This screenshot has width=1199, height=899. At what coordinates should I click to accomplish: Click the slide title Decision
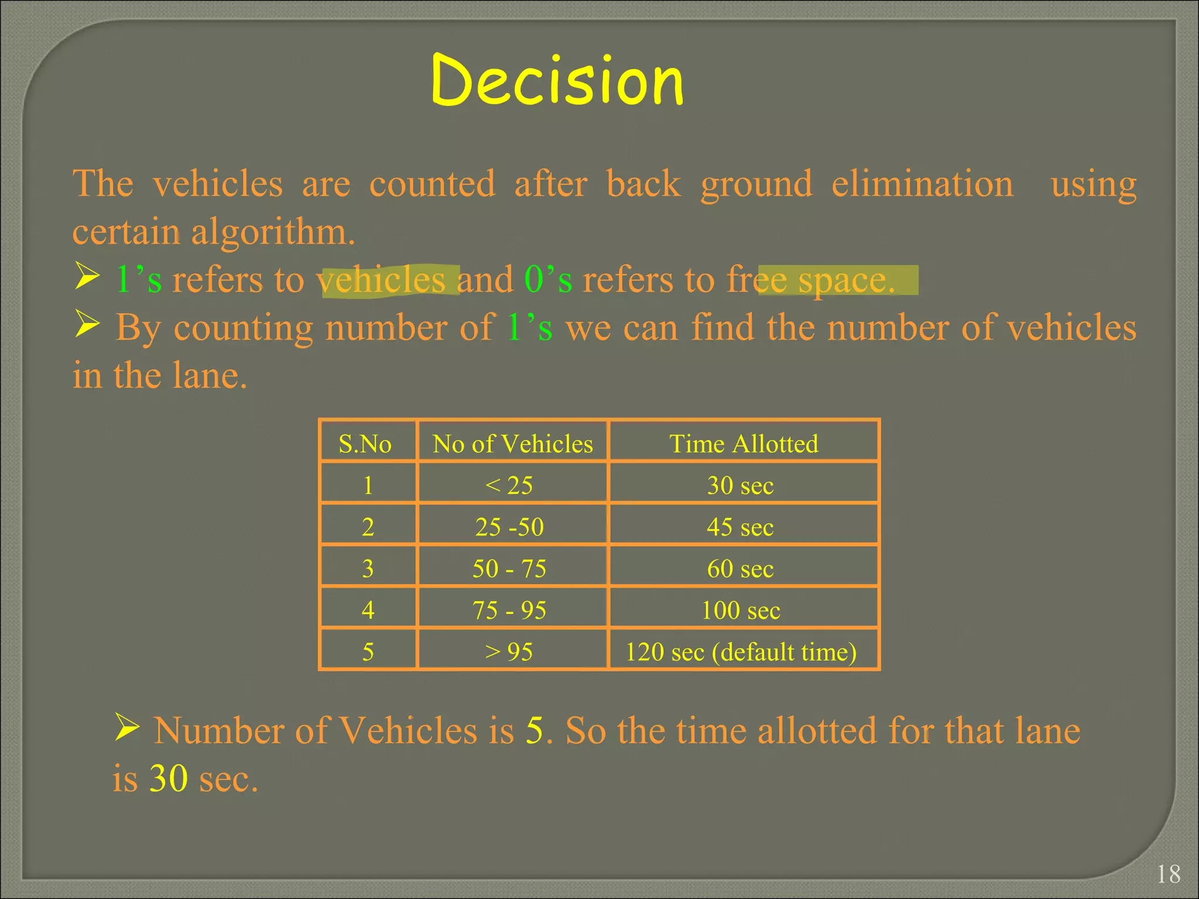(557, 80)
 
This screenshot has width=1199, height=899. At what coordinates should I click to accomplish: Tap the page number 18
(1169, 874)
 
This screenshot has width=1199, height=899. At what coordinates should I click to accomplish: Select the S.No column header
(365, 444)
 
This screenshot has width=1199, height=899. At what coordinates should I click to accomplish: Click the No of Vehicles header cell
(512, 444)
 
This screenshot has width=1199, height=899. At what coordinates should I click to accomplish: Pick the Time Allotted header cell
(743, 444)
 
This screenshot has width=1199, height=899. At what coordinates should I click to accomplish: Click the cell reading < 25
(509, 485)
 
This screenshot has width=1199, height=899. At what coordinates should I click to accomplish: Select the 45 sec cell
(740, 527)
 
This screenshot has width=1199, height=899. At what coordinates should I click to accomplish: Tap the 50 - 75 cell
(509, 568)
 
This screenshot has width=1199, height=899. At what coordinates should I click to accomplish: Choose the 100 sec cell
(741, 610)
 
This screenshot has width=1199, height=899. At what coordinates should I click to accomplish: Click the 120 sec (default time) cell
(741, 652)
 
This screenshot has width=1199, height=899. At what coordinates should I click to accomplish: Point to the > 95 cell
(509, 652)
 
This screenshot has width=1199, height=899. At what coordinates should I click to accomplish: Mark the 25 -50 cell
(509, 527)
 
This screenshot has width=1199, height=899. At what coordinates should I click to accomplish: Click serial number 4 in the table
(368, 610)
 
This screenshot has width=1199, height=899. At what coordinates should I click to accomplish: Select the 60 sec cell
(740, 568)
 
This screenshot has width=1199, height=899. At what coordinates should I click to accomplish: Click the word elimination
(922, 184)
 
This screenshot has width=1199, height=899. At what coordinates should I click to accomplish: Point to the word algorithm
(273, 232)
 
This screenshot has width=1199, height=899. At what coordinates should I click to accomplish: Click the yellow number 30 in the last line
(169, 778)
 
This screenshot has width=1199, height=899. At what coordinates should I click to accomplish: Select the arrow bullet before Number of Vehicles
(126, 728)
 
